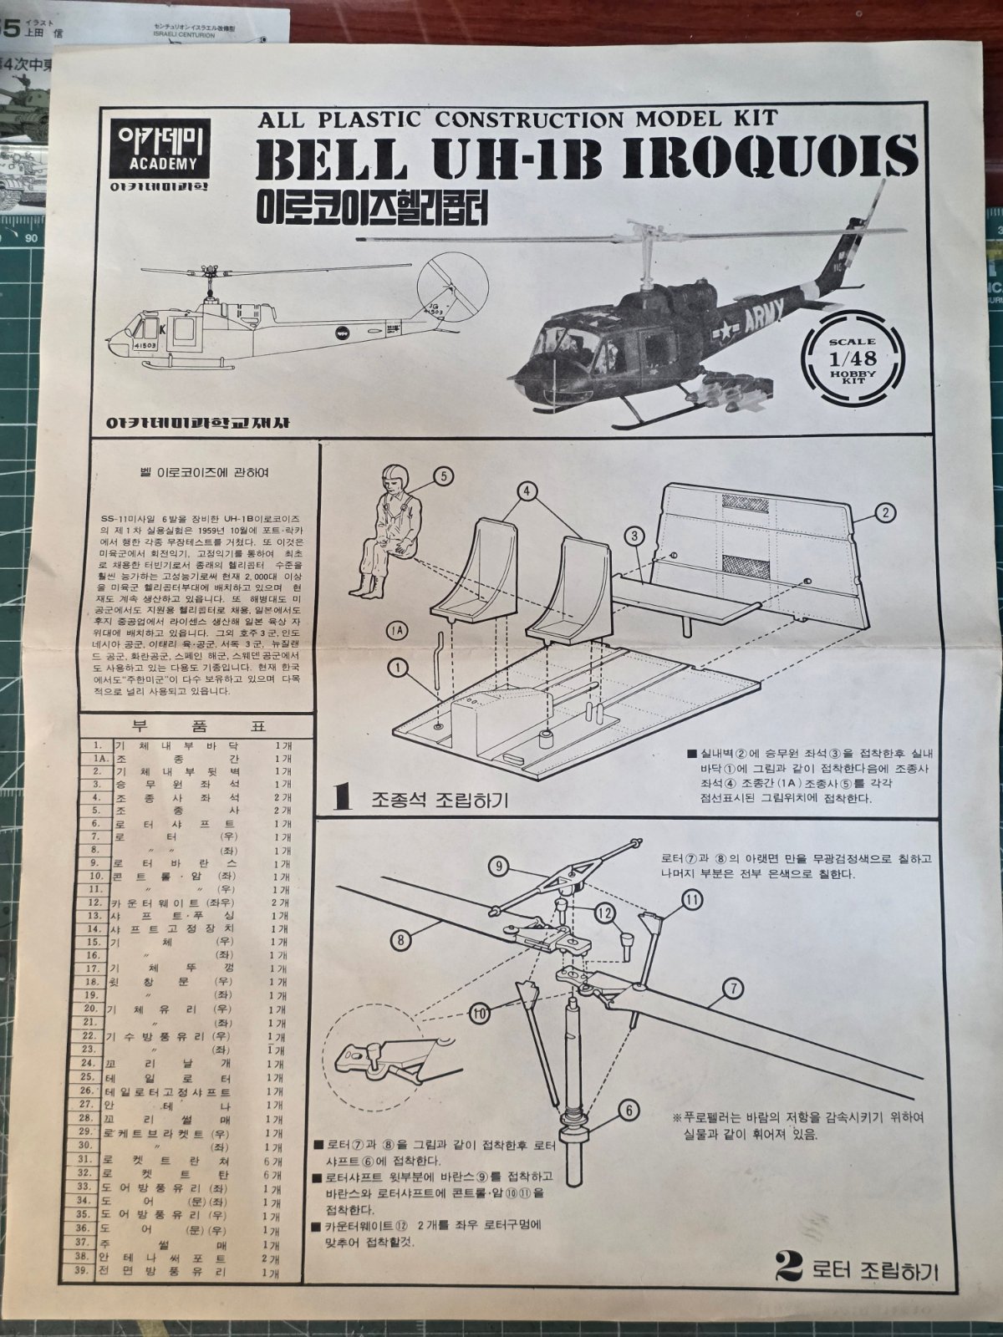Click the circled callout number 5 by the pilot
click(x=442, y=476)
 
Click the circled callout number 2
click(x=887, y=512)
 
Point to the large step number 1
click(x=340, y=797)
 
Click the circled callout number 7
click(x=732, y=989)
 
